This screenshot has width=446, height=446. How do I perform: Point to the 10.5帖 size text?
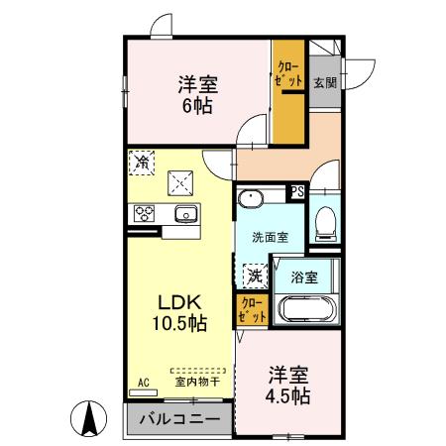tap(178, 324)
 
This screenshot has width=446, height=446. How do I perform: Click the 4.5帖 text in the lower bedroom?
tap(289, 394)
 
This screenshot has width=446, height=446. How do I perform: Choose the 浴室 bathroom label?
tap(304, 278)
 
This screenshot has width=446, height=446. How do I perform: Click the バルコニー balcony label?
tap(179, 420)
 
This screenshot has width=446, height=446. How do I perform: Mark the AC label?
tap(143, 382)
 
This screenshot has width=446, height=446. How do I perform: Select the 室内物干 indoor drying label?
tap(196, 381)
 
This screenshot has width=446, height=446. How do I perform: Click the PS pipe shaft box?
tap(295, 192)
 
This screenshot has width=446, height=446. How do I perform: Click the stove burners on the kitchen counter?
tap(145, 213)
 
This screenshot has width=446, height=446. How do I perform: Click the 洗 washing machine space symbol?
tap(255, 275)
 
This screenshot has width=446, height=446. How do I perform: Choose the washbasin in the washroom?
tap(253, 197)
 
